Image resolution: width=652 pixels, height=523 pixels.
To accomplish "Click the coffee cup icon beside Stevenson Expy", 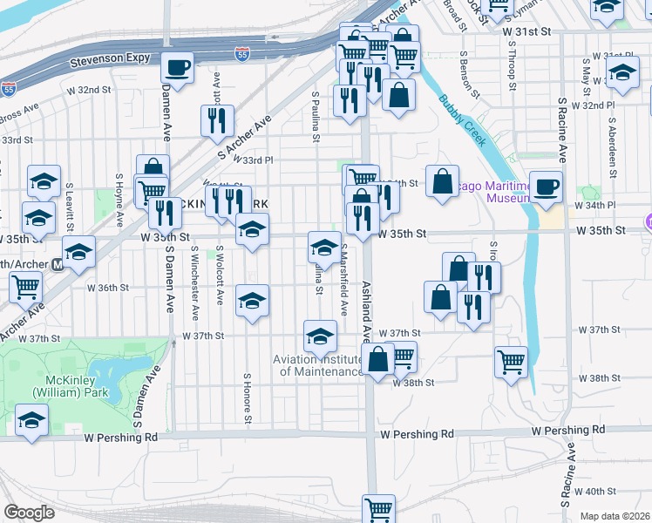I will tap(177, 67).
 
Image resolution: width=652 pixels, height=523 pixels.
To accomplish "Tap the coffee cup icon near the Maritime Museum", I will tap(546, 187).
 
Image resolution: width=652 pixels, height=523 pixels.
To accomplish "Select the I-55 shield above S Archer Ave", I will tap(242, 54).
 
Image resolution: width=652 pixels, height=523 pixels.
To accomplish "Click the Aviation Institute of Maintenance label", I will tap(318, 365).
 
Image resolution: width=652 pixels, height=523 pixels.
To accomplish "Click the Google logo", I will tap(29, 512).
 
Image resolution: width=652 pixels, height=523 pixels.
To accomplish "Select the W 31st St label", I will tap(528, 31).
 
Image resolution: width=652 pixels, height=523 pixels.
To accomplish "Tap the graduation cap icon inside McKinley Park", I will tap(31, 423).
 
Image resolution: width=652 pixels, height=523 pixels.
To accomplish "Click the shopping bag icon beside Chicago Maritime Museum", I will tap(443, 181).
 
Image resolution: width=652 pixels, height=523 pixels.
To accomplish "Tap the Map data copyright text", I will tap(615, 516).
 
